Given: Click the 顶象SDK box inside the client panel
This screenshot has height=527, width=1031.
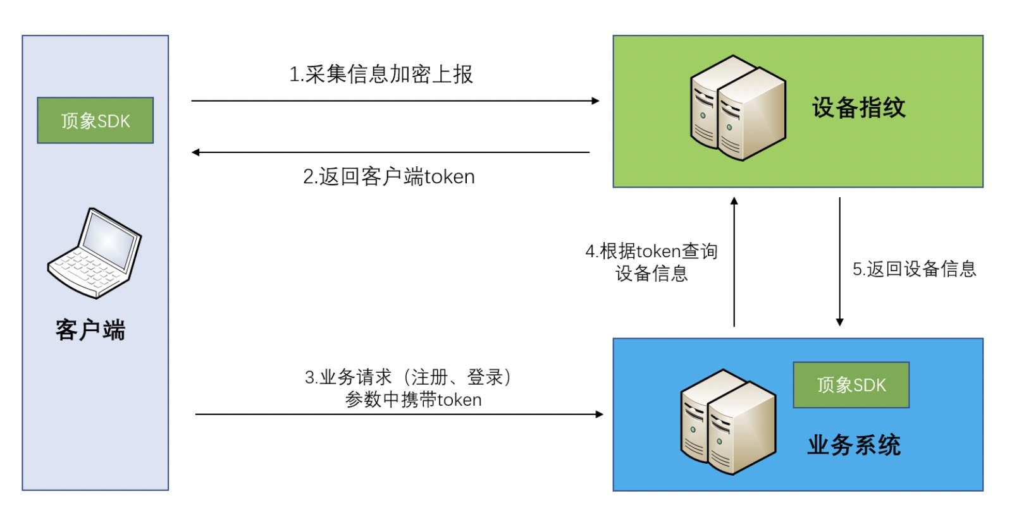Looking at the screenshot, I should pyautogui.click(x=95, y=120).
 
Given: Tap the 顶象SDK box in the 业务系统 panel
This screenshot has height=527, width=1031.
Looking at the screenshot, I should pyautogui.click(x=851, y=385).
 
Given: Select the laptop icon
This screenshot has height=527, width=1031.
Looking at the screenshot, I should pyautogui.click(x=95, y=253).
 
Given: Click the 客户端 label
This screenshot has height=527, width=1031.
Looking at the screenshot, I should pyautogui.click(x=90, y=330).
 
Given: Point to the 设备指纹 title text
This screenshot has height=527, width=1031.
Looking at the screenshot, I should pyautogui.click(x=858, y=107).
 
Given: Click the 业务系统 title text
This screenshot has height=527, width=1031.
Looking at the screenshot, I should pyautogui.click(x=853, y=445).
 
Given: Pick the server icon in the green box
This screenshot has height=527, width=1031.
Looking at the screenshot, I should pyautogui.click(x=738, y=107).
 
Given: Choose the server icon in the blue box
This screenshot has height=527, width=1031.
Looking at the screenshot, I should pyautogui.click(x=727, y=421).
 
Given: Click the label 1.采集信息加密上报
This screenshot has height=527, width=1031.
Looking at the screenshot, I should pyautogui.click(x=381, y=75).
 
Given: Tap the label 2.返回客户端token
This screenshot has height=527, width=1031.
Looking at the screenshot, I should pyautogui.click(x=388, y=177).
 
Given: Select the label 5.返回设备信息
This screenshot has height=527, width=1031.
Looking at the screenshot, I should pyautogui.click(x=914, y=269).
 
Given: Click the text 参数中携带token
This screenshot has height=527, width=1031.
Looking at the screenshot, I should pyautogui.click(x=413, y=400).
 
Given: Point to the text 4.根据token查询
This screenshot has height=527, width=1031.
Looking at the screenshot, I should pyautogui.click(x=651, y=251).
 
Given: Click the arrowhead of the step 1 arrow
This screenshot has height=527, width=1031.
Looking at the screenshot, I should pyautogui.click(x=595, y=101).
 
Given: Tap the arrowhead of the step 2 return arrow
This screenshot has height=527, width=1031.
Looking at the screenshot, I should pyautogui.click(x=196, y=152).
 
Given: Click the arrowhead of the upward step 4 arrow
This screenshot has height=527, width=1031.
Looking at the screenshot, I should pyautogui.click(x=734, y=201).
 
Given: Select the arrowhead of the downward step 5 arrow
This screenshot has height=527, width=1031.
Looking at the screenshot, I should pyautogui.click(x=840, y=322).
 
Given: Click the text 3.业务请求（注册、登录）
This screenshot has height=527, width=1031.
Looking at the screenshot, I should pyautogui.click(x=409, y=377).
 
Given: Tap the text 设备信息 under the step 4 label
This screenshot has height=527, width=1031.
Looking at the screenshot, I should pyautogui.click(x=651, y=274).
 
